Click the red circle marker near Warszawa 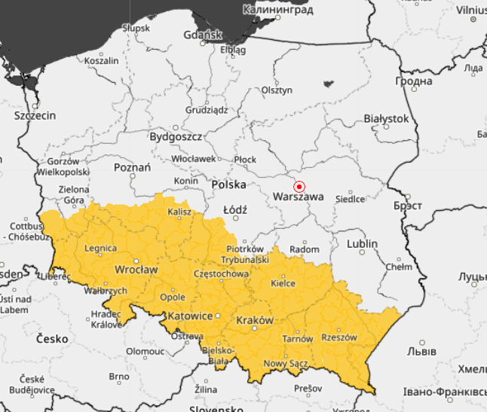click(x=299, y=186)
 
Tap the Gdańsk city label click(x=203, y=35)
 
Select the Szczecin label click(x=35, y=116)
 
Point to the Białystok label click(x=386, y=118)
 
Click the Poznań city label click(x=132, y=167)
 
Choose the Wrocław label click(x=136, y=269)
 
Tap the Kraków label click(x=255, y=320)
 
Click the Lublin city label click(x=362, y=244)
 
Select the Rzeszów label click(x=338, y=337)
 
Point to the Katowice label click(x=191, y=316)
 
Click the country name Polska click(x=229, y=185)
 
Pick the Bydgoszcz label click(x=176, y=137)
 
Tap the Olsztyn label click(x=277, y=90)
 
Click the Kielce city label click(x=283, y=283)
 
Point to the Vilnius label click(x=471, y=11)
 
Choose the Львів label click(x=422, y=350)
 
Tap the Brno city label click(x=119, y=377)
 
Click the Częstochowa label click(x=221, y=273)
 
